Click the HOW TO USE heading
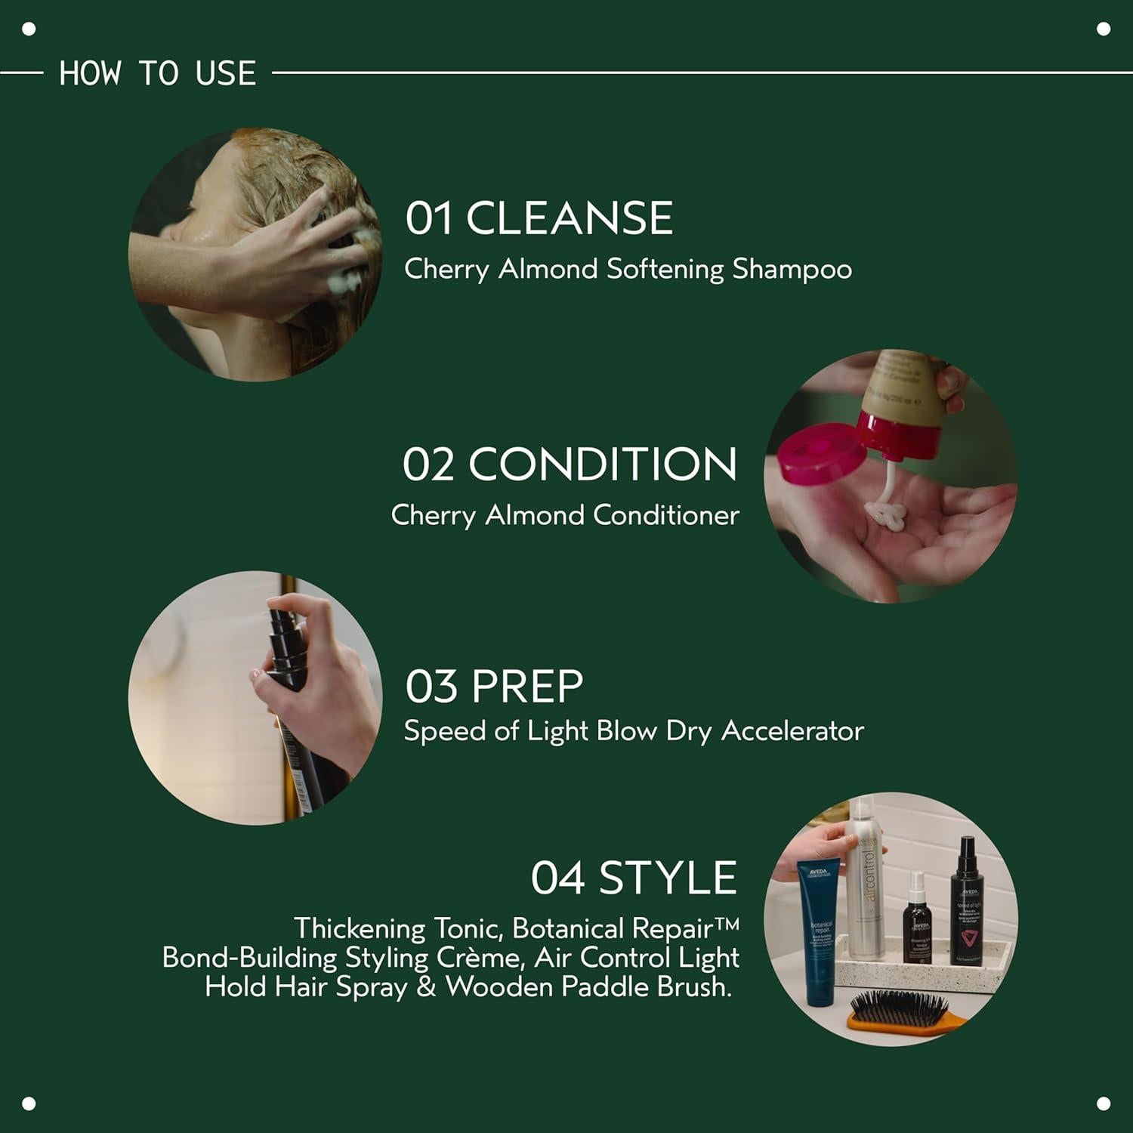pos(157,73)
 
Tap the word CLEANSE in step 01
pos(569,218)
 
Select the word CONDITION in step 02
pos(602,464)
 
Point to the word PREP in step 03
pos(527,686)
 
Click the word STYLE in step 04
pos(667,878)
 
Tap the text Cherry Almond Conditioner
pos(564,515)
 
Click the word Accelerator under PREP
pos(792,730)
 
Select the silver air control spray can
pos(866,884)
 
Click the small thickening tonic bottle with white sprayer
pos(918,922)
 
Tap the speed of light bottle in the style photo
pos(968,906)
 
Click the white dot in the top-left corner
pos(29,29)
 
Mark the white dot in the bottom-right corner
pos(1103,1103)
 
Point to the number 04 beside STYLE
pos(557,878)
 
